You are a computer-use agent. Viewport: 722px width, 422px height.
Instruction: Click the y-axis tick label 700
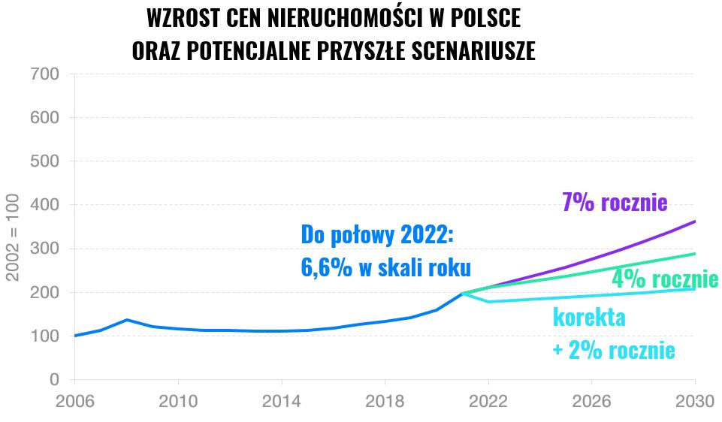coord(44,74)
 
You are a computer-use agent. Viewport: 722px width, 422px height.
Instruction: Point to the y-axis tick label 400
coord(44,205)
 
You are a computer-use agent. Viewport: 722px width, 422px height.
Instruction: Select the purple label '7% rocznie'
coord(615,203)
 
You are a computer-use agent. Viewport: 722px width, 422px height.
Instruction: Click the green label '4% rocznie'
coord(665,279)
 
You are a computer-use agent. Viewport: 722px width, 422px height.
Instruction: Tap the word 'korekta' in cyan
coord(589,317)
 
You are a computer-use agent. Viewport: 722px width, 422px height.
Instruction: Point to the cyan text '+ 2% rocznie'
coord(613,351)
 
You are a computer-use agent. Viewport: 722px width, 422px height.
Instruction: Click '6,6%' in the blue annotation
coord(327,268)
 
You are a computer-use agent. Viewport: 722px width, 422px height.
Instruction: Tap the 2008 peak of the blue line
coord(126,320)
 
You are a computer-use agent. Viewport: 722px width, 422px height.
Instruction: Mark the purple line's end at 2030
coord(694,222)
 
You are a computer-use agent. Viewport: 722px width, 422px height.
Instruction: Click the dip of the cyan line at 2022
coord(488,302)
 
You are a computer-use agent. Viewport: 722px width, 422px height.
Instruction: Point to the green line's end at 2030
coord(694,254)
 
